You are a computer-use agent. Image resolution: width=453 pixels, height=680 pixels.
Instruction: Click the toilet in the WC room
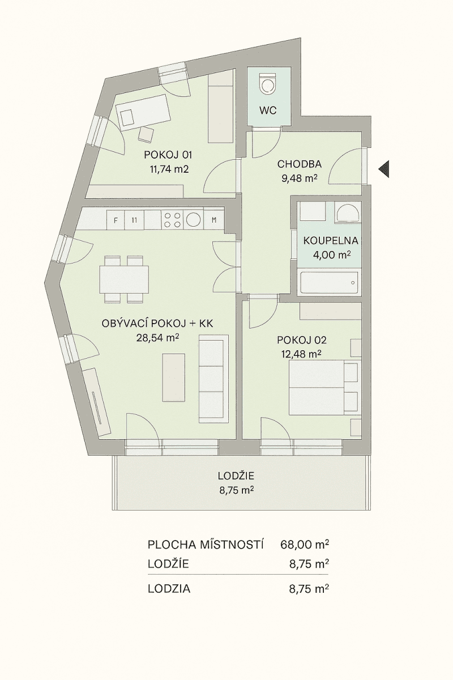click(267, 84)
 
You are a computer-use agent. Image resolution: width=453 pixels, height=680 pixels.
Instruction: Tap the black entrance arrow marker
click(384, 168)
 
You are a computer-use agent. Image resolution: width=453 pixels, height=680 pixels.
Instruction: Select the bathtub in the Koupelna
click(328, 282)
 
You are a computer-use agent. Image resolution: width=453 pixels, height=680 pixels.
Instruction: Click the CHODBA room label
click(299, 164)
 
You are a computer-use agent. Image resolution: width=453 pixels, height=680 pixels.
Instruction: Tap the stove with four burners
click(173, 220)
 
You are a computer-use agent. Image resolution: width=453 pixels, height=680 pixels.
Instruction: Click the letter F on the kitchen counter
click(116, 220)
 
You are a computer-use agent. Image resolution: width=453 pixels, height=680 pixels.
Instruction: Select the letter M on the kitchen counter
click(214, 220)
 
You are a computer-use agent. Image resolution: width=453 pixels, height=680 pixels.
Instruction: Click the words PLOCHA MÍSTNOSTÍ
click(206, 545)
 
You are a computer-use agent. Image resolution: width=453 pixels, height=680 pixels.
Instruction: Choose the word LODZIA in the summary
click(169, 589)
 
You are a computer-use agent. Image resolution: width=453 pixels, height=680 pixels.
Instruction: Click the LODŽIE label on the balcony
click(235, 476)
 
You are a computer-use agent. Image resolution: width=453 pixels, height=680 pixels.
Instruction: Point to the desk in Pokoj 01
click(145, 110)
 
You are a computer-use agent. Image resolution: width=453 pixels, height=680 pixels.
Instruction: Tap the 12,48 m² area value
click(301, 354)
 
